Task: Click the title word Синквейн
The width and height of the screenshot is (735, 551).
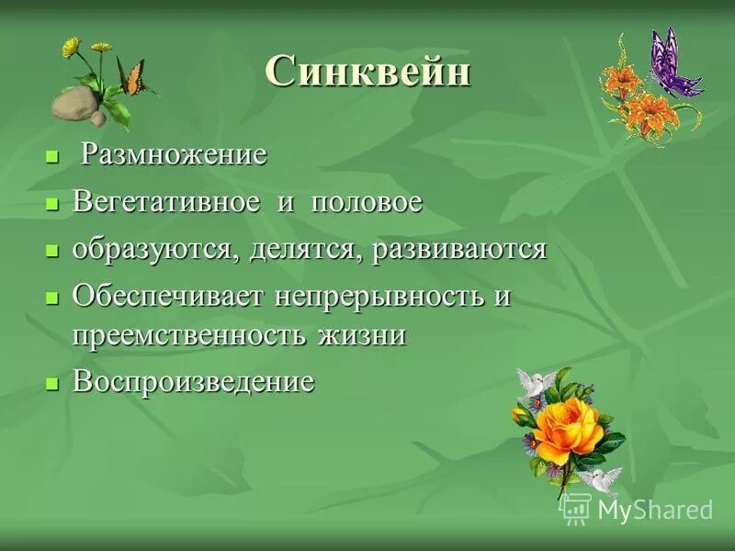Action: (367, 72)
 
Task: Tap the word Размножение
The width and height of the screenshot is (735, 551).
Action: (175, 154)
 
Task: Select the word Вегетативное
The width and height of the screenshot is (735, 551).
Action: (165, 202)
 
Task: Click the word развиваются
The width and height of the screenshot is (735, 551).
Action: (459, 250)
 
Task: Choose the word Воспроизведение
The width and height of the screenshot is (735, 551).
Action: (193, 381)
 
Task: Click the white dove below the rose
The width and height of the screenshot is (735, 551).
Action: (598, 479)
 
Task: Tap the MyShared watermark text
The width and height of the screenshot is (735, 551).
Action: (654, 510)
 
